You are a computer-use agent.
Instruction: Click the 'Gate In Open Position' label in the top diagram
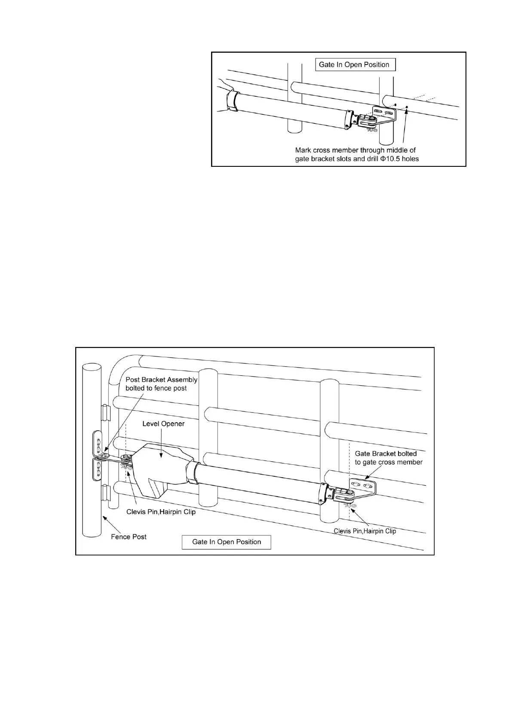point(354,65)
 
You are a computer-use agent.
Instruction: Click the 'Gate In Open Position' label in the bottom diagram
point(227,542)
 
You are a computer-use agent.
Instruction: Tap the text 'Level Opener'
point(163,424)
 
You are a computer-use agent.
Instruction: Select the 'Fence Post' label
point(129,537)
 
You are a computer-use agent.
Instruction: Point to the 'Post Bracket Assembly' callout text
point(161,380)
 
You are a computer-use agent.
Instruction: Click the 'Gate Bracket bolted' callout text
point(386,454)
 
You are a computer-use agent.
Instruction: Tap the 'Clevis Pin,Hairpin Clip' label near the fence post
point(161,512)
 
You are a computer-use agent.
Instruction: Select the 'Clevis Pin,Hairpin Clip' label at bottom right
point(365,531)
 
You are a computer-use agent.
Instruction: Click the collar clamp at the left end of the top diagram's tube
point(232,101)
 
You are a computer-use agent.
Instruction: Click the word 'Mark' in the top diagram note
point(304,150)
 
